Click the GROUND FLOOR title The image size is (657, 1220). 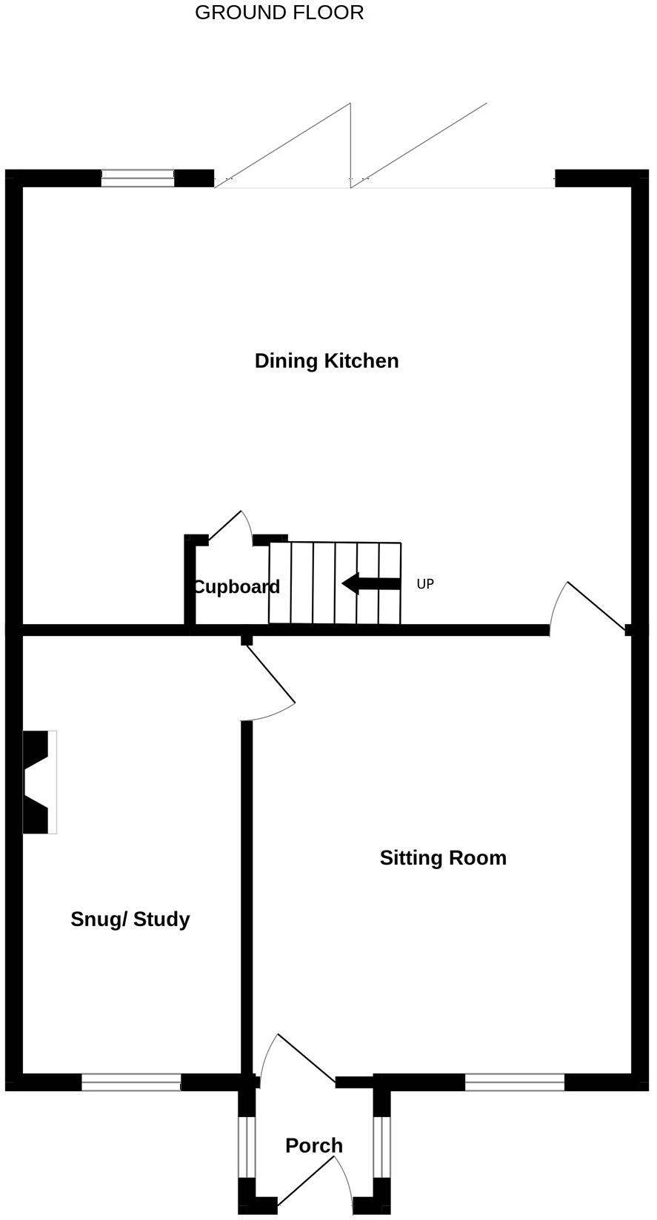pyautogui.click(x=279, y=13)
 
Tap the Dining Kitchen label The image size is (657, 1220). pyautogui.click(x=327, y=361)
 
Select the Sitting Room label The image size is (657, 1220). pyautogui.click(x=443, y=857)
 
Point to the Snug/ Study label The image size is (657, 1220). pyautogui.click(x=130, y=919)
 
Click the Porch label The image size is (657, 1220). pyautogui.click(x=314, y=1145)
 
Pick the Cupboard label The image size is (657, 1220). pyautogui.click(x=236, y=586)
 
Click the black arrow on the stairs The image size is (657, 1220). pyautogui.click(x=370, y=583)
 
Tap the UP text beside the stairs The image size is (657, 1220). pyautogui.click(x=425, y=584)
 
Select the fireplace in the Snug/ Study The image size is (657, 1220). pyautogui.click(x=40, y=782)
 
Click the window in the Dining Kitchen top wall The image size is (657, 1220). pyautogui.click(x=137, y=178)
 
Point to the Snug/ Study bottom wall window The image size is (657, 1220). pyautogui.click(x=131, y=1082)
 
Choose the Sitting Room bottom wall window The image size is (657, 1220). pyautogui.click(x=515, y=1082)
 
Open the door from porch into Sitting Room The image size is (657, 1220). pyautogui.click(x=296, y=1057)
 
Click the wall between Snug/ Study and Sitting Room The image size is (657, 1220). pyautogui.click(x=247, y=888)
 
